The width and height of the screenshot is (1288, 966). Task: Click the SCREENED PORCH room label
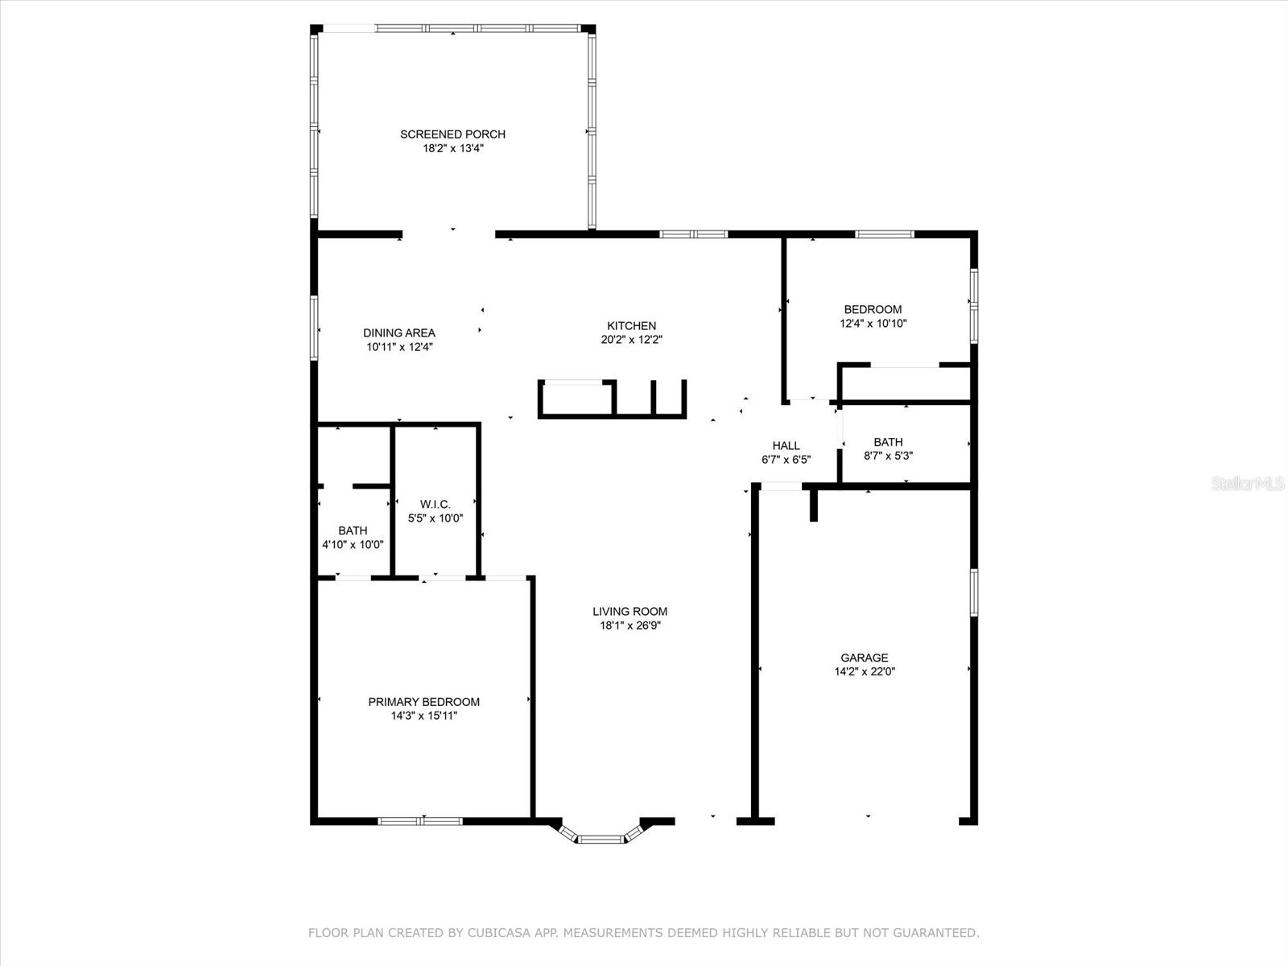[x=452, y=134]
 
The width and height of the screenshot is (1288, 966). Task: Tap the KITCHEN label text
[x=631, y=325]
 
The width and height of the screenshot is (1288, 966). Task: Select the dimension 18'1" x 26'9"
[x=630, y=625]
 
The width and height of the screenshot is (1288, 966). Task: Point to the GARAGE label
[x=865, y=658]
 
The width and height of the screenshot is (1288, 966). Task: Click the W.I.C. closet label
[x=436, y=505]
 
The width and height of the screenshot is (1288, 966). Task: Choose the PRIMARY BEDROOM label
[x=423, y=702]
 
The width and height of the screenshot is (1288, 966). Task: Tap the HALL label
[x=786, y=446]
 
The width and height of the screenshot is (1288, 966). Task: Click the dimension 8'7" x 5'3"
[x=888, y=456]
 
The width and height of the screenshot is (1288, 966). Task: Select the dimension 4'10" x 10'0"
[x=353, y=545]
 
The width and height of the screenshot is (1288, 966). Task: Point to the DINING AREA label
[x=399, y=333]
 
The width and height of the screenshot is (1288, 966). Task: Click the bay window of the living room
[x=601, y=838]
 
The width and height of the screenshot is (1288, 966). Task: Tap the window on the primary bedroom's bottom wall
[x=420, y=821]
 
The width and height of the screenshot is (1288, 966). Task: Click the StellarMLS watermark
[x=1248, y=484]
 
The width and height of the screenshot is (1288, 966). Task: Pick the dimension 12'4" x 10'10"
[x=873, y=324]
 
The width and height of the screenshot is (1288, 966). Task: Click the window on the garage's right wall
[x=973, y=592]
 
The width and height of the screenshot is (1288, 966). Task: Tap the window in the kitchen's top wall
[x=693, y=234]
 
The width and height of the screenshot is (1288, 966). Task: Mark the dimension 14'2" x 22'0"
[x=865, y=671]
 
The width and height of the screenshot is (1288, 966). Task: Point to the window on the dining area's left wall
[x=314, y=328]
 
